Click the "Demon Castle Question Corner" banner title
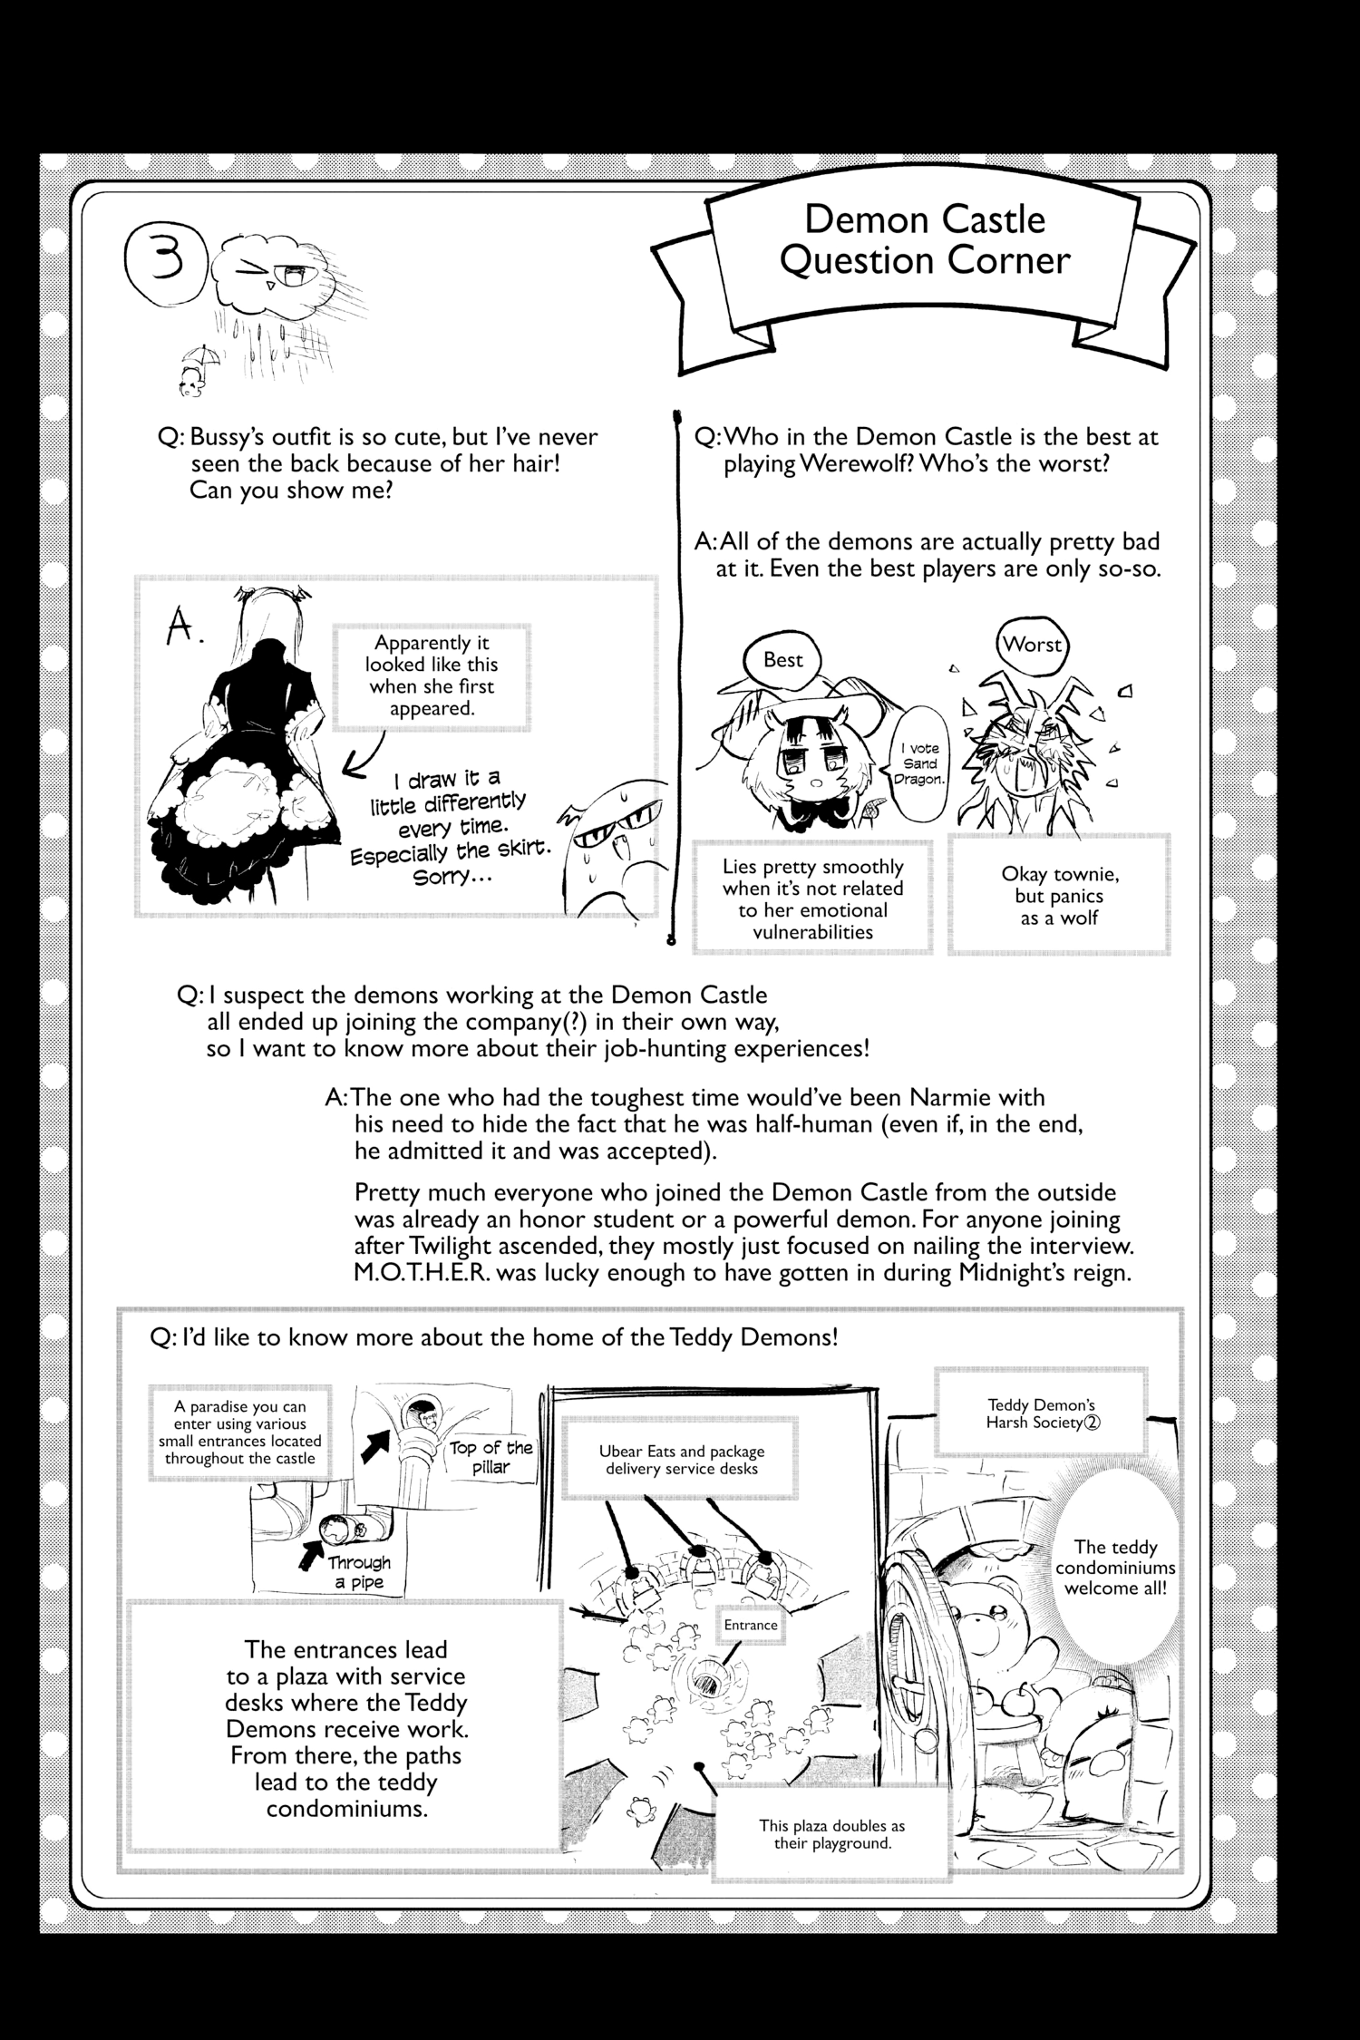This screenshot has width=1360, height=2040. pyautogui.click(x=925, y=240)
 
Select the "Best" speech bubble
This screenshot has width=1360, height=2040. pyautogui.click(x=782, y=660)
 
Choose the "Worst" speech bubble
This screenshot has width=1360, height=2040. pyautogui.click(x=1033, y=646)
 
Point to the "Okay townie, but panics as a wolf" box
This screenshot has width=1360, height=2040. pyautogui.click(x=1058, y=896)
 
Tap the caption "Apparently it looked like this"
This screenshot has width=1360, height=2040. pyautogui.click(x=432, y=675)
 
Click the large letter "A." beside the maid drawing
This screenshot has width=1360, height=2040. pyautogui.click(x=185, y=628)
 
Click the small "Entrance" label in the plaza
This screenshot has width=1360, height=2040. pyautogui.click(x=751, y=1625)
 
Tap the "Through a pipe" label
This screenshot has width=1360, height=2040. pyautogui.click(x=360, y=1572)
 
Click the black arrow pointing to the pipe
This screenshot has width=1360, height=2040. pyautogui.click(x=310, y=1557)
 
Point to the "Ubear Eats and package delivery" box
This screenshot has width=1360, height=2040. pyautogui.click(x=680, y=1460)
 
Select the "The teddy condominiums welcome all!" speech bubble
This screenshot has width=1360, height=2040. pyautogui.click(x=1114, y=1568)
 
